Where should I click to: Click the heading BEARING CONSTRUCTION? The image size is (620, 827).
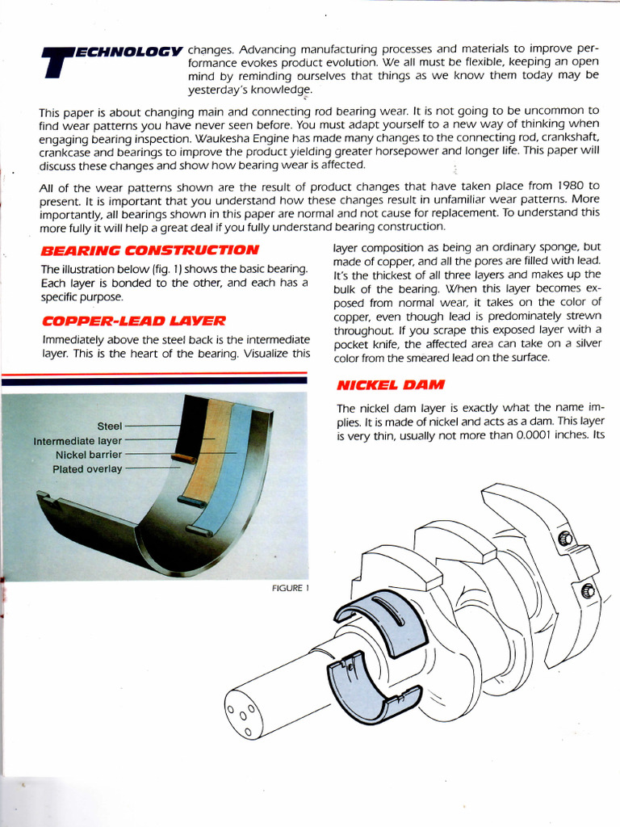(149, 250)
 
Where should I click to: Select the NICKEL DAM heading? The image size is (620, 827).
(381, 384)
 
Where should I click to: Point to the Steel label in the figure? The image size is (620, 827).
(109, 426)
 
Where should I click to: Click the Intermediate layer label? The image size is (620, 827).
(77, 441)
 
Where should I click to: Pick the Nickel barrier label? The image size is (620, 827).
(87, 455)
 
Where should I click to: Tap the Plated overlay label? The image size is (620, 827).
(87, 468)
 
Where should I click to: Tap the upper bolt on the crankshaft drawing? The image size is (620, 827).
(566, 539)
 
